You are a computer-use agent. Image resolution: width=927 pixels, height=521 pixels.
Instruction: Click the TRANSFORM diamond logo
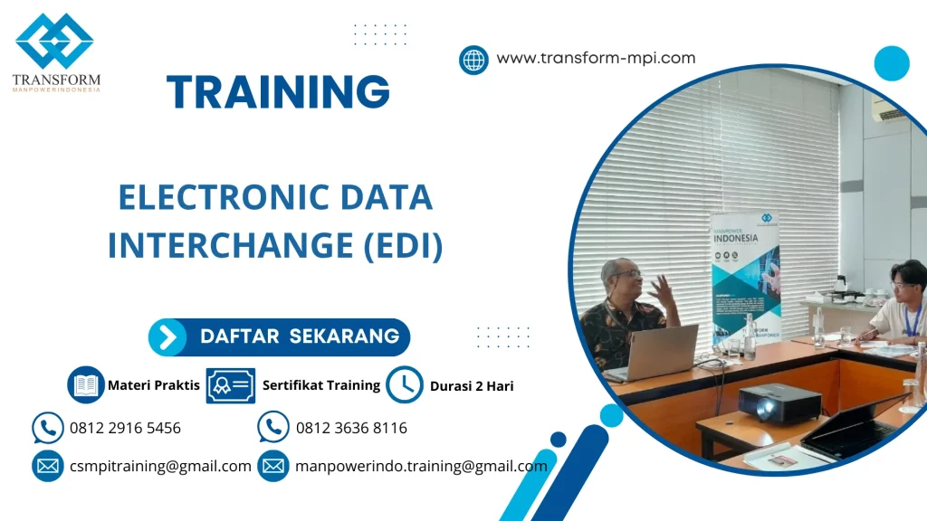tap(55, 42)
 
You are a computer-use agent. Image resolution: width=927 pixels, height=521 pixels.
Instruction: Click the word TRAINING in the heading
tap(278, 92)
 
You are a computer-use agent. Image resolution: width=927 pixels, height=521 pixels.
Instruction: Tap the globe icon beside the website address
tap(473, 60)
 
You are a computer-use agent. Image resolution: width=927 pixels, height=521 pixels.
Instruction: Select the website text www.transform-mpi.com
tap(596, 58)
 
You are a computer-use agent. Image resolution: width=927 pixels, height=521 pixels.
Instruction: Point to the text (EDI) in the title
tap(403, 246)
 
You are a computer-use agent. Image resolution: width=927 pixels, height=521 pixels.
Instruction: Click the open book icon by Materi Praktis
tap(86, 385)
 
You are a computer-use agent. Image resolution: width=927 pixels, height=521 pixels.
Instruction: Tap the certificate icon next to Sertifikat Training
tap(231, 385)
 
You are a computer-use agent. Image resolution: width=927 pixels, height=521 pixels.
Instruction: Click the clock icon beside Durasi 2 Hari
tap(404, 385)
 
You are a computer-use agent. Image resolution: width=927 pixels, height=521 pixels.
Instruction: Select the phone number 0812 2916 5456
tap(125, 428)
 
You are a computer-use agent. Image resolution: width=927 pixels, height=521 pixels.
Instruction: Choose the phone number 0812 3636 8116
tap(351, 428)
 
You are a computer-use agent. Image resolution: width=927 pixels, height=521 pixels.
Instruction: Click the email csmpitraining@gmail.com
tap(160, 467)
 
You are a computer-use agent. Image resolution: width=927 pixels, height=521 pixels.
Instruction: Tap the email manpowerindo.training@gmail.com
tap(421, 467)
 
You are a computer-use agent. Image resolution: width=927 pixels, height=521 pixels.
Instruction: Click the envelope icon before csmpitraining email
tap(47, 467)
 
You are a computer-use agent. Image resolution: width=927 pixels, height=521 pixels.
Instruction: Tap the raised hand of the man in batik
tap(662, 291)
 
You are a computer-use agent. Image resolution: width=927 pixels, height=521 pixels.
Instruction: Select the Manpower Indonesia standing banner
tap(744, 271)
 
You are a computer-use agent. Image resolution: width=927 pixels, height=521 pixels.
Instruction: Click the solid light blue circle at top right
tap(891, 63)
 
